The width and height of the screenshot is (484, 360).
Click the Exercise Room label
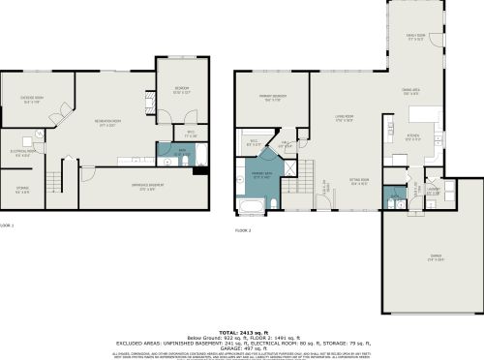pyautogui.click(x=38, y=100)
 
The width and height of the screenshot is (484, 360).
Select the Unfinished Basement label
pyautogui.click(x=140, y=189)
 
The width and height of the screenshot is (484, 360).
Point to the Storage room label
pyautogui.click(x=21, y=191)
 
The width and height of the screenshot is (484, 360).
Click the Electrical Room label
pyautogui.click(x=24, y=152)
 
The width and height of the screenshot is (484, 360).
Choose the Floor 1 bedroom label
pyautogui.click(x=181, y=92)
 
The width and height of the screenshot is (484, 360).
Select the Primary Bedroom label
pyautogui.click(x=272, y=99)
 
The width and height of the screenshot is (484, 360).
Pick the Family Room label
pyautogui.click(x=415, y=40)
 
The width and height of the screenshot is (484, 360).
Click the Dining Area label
pyautogui.click(x=409, y=93)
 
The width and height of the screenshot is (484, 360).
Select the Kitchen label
pyautogui.click(x=412, y=136)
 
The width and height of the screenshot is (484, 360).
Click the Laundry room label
pyautogui.click(x=433, y=192)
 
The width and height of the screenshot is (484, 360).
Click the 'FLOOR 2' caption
pyautogui.click(x=243, y=230)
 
